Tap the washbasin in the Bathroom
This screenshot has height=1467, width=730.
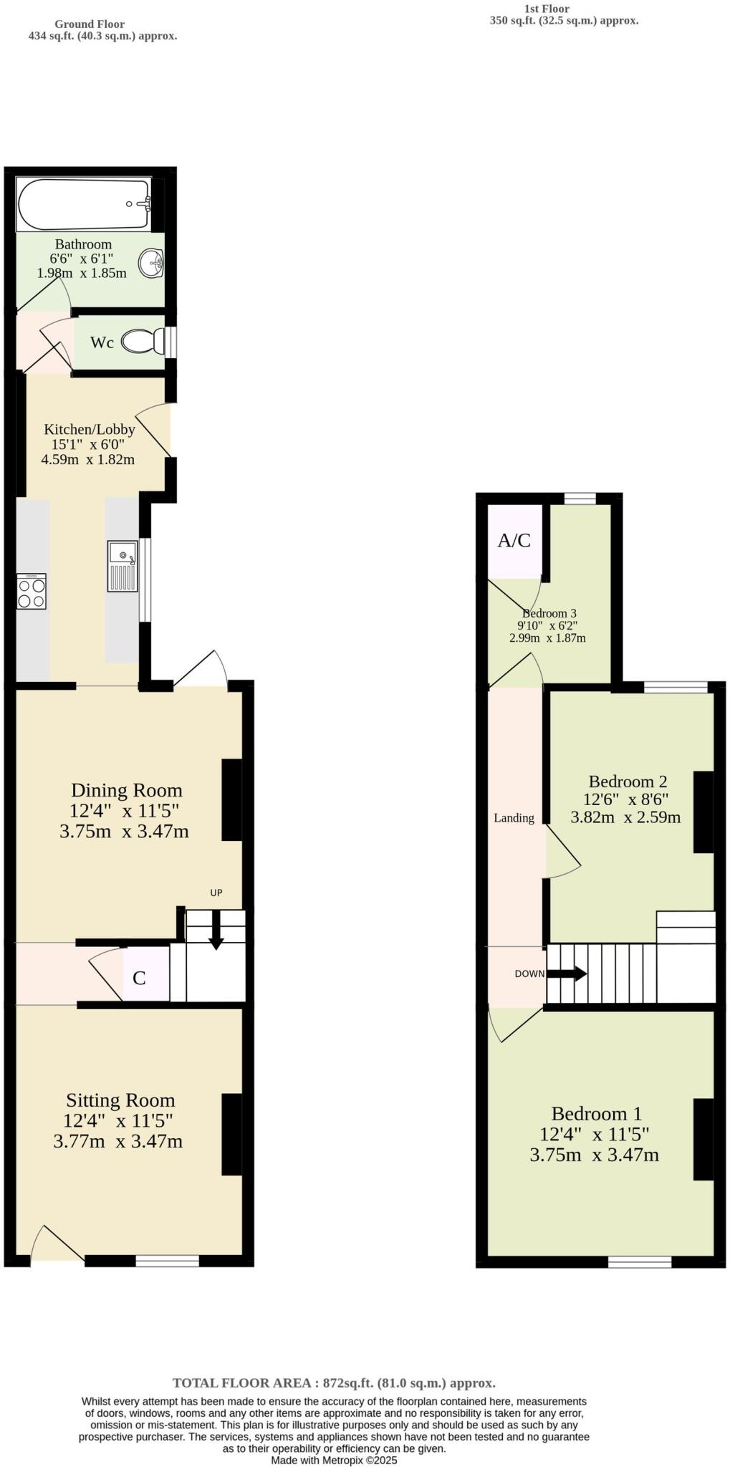[153, 263]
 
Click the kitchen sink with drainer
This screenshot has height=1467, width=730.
[123, 566]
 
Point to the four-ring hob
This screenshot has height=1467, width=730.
[32, 591]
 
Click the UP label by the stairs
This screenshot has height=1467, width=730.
[216, 893]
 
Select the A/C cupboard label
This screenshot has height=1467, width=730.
[514, 541]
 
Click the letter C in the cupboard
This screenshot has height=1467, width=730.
[140, 978]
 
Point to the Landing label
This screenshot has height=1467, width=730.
[514, 818]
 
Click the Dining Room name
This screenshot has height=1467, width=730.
[126, 790]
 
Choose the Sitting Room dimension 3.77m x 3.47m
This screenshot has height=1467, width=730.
[118, 1141]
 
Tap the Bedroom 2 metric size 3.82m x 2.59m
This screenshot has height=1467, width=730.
[625, 817]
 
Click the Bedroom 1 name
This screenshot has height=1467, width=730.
[596, 1114]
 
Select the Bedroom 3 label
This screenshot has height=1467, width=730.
[549, 613]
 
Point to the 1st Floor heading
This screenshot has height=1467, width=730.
[547, 9]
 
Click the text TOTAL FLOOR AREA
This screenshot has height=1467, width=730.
[241, 1383]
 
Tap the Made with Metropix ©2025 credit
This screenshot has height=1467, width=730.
[334, 1460]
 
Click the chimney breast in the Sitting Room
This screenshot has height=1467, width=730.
[231, 1135]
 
